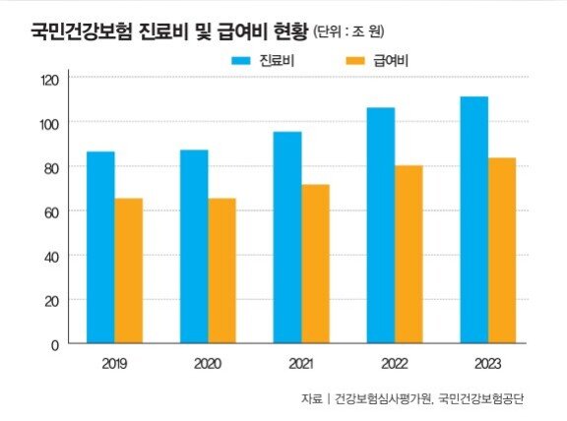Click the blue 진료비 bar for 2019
[x=100, y=247]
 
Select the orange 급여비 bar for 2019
[x=128, y=271]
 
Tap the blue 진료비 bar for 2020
[x=194, y=247]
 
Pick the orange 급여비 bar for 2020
[x=222, y=271]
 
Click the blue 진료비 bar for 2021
[x=287, y=237]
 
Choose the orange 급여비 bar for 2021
[x=316, y=264]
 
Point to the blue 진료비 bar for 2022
[x=381, y=225]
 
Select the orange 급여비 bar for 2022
[x=409, y=254]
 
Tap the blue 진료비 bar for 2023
[x=474, y=219]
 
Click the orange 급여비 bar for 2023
[x=502, y=251]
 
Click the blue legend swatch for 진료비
[x=241, y=61]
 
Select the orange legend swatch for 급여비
[x=355, y=61]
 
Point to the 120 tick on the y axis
[x=50, y=81]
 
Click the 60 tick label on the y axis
[x=51, y=212]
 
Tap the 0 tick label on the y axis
[x=55, y=345]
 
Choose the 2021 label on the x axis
[x=301, y=364]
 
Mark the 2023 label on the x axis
[x=487, y=364]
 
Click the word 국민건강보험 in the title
[x=82, y=31]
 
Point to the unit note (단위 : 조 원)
[x=348, y=31]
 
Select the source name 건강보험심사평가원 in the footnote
[x=383, y=398]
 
